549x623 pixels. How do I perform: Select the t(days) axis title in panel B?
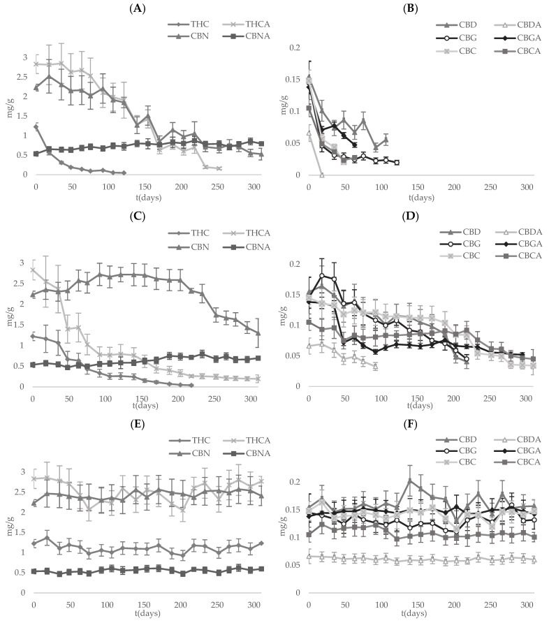416,195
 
